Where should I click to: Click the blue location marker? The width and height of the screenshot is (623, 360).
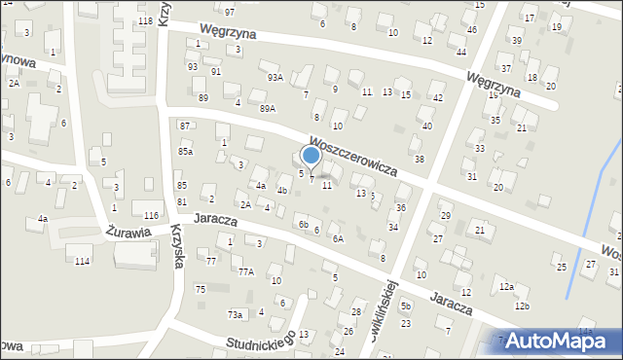click(311, 155)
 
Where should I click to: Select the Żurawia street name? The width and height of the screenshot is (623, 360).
click(126, 233)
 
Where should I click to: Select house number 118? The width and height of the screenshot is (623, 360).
click(146, 20)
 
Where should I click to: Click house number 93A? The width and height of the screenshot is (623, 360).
click(275, 77)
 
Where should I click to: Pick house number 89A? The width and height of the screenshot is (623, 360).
click(268, 108)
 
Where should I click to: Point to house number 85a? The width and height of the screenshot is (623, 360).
click(185, 152)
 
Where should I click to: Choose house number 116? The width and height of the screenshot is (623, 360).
click(151, 215)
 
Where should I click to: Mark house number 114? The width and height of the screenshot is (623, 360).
click(82, 261)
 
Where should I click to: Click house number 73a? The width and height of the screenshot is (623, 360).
click(235, 314)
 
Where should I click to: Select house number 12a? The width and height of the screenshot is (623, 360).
click(506, 286)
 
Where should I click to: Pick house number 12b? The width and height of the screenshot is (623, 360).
click(523, 306)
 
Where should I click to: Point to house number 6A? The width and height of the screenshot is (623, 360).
click(338, 238)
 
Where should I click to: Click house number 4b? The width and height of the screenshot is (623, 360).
click(282, 191)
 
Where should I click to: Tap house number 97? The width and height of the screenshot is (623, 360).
click(230, 12)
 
